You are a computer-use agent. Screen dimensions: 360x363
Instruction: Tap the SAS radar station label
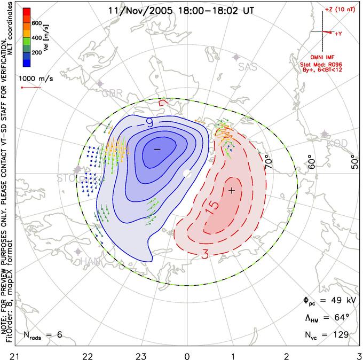247,67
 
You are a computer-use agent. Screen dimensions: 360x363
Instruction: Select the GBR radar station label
112,93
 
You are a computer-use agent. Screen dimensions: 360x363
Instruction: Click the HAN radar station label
90,262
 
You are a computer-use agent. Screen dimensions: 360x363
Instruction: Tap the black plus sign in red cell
232,190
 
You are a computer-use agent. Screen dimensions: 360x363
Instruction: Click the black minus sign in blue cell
157,149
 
